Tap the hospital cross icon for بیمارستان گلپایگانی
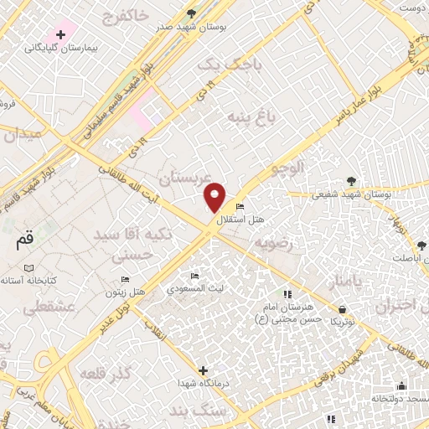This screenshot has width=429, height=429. tap(61, 34)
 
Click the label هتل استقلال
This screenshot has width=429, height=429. tap(240, 220)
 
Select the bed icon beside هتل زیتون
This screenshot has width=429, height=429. tap(125, 279)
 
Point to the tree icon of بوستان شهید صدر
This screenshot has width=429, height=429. tap(192, 13)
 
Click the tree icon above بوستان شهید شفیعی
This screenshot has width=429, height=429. tap(351, 180)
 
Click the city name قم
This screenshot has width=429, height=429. tap(26, 240)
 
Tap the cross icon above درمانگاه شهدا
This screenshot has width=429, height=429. tap(203, 370)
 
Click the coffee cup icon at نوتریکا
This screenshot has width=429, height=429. tap(341, 308)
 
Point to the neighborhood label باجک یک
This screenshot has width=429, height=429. tap(230, 64)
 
